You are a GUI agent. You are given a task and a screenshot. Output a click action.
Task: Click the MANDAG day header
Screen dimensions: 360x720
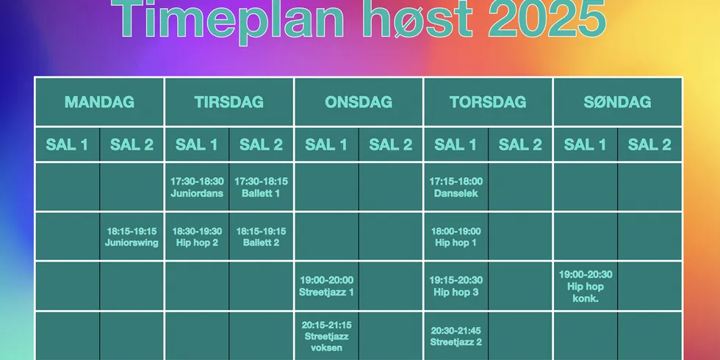[x=99, y=102]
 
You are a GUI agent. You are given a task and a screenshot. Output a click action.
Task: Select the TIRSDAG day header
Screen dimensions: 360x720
[x=229, y=102]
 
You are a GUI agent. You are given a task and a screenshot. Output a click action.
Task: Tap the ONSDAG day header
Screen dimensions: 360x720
[x=359, y=102]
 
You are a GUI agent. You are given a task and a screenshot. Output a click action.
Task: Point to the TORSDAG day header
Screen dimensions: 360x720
[x=488, y=102]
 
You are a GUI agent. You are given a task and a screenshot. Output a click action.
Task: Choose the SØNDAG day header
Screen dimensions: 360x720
[x=617, y=102]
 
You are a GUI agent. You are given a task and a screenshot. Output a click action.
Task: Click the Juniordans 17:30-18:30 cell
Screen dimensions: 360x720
[x=197, y=187]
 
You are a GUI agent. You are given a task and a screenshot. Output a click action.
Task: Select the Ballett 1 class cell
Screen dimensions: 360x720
[x=261, y=187]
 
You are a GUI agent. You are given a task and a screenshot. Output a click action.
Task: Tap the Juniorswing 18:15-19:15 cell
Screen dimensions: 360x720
[x=132, y=237]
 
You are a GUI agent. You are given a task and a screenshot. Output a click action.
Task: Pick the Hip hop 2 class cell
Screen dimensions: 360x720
[x=197, y=237]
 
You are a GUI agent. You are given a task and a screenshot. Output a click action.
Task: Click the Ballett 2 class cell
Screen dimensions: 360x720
[x=261, y=237]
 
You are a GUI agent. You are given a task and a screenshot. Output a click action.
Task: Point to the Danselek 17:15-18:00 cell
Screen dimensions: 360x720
[x=456, y=187]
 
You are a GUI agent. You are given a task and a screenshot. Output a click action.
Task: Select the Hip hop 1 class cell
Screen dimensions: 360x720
[x=456, y=237]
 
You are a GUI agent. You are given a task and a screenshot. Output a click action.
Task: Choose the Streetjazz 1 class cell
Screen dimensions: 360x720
[x=326, y=286]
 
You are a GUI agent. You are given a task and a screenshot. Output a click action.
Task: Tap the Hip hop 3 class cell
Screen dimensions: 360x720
[x=456, y=286]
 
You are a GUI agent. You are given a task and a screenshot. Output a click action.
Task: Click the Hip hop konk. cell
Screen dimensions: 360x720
[x=586, y=286]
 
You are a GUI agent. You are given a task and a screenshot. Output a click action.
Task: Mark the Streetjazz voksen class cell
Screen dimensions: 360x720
[x=326, y=336]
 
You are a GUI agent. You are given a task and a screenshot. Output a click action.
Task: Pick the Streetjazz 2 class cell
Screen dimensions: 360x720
[x=456, y=336]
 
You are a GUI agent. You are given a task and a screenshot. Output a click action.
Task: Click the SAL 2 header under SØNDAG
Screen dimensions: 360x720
[x=649, y=145]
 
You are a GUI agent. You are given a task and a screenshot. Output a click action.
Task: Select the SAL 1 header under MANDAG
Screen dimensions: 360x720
[x=67, y=145]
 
